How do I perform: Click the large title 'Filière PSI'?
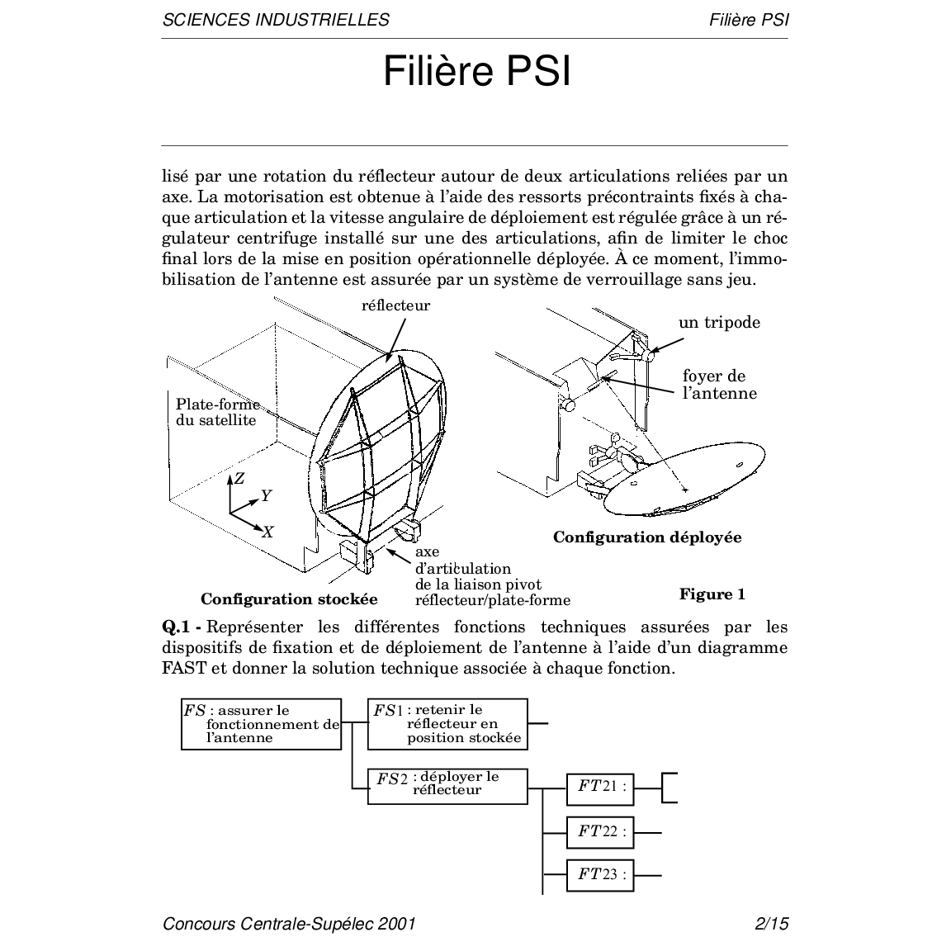476,72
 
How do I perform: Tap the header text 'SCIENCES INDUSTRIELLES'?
276,20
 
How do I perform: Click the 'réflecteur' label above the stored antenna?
396,305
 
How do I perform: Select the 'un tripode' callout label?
719,322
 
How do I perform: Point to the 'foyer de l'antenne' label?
718,385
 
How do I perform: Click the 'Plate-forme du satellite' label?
217,412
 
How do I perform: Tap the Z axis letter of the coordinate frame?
239,478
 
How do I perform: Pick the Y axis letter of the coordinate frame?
266,495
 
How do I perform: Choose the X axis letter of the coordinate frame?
267,532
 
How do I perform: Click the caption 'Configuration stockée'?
289,599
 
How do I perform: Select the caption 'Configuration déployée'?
647,537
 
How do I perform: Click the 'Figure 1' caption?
712,594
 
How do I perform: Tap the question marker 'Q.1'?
177,627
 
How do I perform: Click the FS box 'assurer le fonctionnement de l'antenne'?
261,724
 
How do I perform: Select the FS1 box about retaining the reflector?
447,723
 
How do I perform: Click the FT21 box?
600,787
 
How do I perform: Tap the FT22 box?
600,831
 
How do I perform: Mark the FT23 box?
600,874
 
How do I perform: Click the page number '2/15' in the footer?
771,924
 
